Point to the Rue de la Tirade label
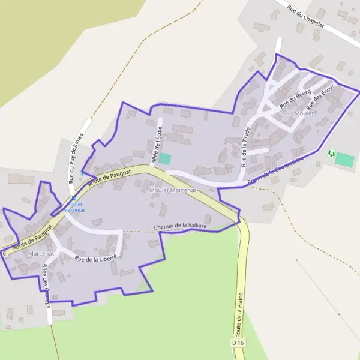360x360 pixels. click(x=245, y=146)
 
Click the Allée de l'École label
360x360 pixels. click(x=157, y=145)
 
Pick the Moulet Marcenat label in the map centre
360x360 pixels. click(x=172, y=190)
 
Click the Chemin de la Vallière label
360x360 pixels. click(x=180, y=226)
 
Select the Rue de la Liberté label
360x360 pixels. click(x=99, y=256)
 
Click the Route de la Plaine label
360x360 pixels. click(x=239, y=317)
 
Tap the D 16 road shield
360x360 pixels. click(x=238, y=343)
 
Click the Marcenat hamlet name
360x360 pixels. click(x=41, y=254)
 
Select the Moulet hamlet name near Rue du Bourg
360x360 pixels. click(x=304, y=113)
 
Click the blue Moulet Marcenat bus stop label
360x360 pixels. click(x=74, y=207)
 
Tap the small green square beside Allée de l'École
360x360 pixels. click(x=164, y=159)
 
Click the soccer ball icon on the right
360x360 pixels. click(x=331, y=154)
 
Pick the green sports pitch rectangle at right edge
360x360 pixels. click(x=344, y=160)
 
